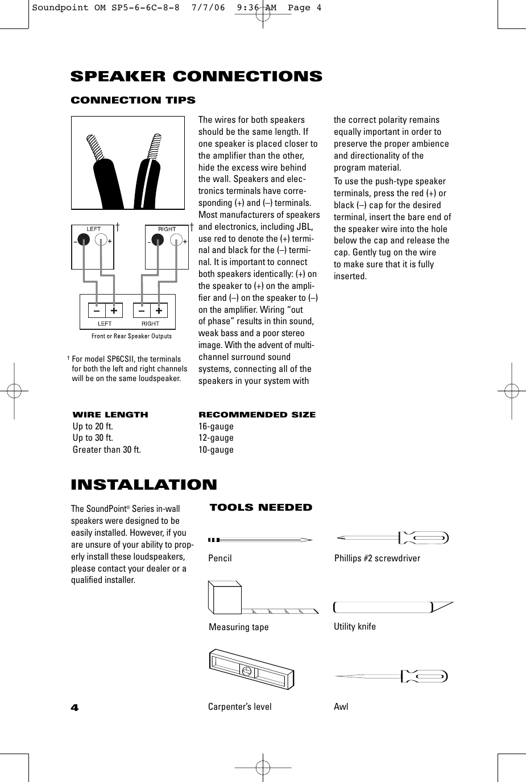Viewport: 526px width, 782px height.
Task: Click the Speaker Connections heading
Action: tap(196, 77)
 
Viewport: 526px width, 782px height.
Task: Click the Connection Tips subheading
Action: tap(133, 101)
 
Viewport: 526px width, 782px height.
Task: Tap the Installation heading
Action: tap(144, 485)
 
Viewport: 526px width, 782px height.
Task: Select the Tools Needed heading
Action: tap(261, 507)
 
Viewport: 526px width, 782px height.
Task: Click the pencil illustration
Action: tap(260, 539)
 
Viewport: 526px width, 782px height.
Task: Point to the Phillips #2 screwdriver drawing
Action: tap(392, 537)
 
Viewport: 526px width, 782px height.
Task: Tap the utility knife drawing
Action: tap(392, 607)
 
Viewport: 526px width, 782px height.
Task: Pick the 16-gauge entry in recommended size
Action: tap(216, 427)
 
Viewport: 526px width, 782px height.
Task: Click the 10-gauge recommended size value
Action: tap(216, 450)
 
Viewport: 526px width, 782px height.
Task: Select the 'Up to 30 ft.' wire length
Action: tap(93, 438)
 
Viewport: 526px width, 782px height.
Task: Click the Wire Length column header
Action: tap(110, 415)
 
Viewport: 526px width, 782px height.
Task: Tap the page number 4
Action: tap(74, 707)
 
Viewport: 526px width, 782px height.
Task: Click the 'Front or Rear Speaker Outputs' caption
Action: tap(131, 336)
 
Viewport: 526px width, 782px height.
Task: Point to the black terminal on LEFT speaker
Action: tap(84, 241)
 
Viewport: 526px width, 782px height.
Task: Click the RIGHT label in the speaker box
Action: tap(167, 229)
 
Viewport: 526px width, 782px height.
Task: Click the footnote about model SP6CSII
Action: tap(127, 369)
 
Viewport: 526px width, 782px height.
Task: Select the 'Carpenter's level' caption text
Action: tap(239, 707)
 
